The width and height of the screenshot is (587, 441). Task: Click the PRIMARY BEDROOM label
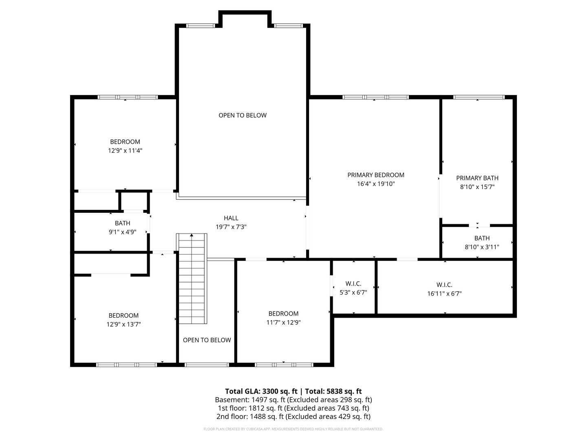[x=375, y=175]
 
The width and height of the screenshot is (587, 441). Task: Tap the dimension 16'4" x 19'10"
[x=375, y=184]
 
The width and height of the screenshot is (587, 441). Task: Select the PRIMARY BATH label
[x=477, y=178]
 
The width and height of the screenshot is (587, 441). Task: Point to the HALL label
[x=231, y=218]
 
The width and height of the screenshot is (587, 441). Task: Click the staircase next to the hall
[x=192, y=279]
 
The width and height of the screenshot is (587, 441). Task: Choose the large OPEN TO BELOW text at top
[x=243, y=116]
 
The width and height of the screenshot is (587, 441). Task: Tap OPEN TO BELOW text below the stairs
[x=207, y=340]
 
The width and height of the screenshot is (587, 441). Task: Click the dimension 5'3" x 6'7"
[x=353, y=292]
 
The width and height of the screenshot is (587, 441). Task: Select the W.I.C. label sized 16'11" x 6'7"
[x=444, y=285]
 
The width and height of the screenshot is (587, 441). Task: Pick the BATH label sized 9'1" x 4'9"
[x=122, y=223]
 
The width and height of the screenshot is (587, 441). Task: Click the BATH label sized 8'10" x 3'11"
[x=482, y=238]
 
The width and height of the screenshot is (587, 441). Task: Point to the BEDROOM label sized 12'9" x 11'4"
[x=125, y=142]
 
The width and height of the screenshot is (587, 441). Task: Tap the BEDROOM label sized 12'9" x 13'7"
[x=124, y=315]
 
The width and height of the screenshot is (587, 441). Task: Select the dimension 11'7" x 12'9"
[x=283, y=323]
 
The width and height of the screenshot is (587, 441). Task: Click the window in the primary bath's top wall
[x=479, y=97]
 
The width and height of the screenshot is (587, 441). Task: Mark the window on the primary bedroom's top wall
[x=375, y=97]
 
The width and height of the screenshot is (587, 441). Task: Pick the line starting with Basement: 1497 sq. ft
[x=293, y=400]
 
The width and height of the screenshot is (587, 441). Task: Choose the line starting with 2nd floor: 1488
[x=293, y=416]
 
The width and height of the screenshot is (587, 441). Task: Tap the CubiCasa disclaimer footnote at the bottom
[x=293, y=429]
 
